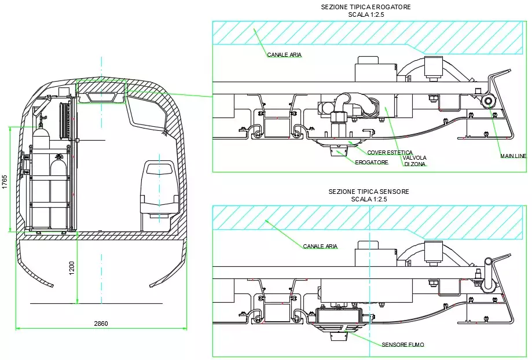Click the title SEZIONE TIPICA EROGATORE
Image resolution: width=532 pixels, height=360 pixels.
366,7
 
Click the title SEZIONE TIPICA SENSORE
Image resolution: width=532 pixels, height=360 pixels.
369,192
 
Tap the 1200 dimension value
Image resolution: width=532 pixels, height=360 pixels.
71,268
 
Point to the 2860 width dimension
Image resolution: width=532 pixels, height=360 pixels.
101,324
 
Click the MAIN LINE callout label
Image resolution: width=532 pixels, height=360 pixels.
513,156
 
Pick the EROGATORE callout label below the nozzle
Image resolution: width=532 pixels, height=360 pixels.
371,163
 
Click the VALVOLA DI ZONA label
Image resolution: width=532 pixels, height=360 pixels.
415,161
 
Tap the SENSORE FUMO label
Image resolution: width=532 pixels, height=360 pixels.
403,345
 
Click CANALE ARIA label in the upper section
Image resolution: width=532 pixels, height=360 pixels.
284,55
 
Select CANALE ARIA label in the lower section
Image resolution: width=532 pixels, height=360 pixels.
320,247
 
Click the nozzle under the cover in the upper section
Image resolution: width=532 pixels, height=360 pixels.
338,152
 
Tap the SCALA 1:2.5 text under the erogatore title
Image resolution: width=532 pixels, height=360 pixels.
366,15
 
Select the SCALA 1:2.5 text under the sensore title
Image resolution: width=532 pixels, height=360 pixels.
369,199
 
